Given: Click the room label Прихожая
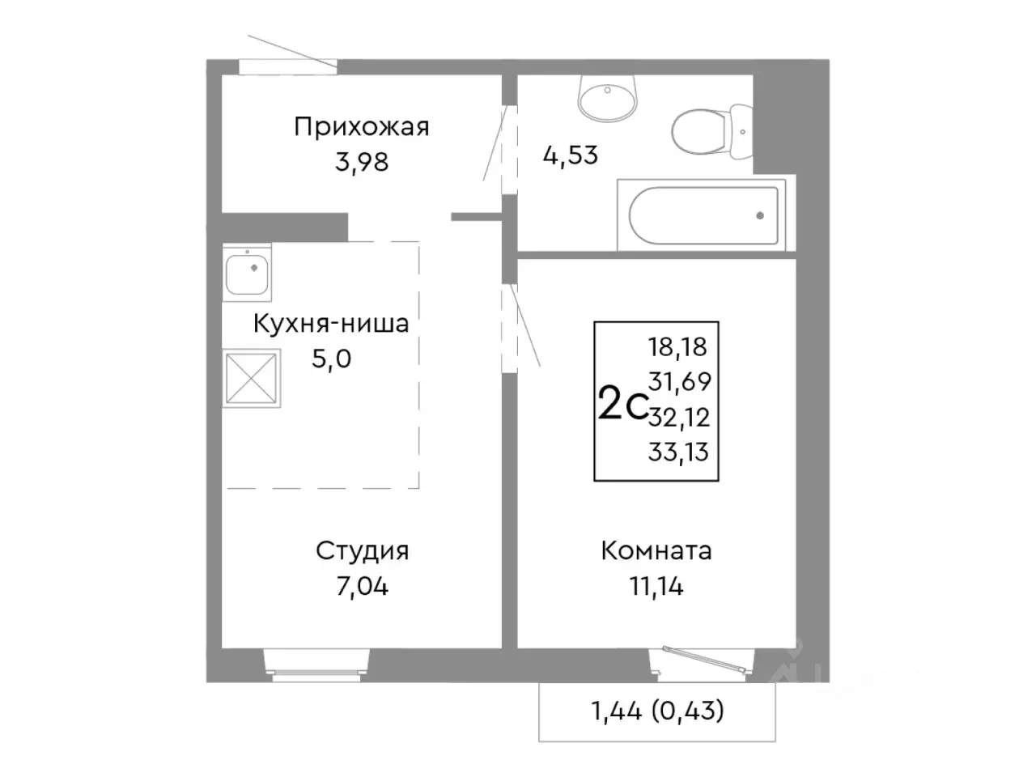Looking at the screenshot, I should click(361, 127).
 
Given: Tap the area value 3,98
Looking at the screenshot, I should click(362, 162).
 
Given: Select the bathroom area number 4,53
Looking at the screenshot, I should click(571, 155).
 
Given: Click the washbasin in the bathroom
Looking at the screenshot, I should click(607, 96).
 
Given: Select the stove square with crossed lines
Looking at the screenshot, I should click(252, 377).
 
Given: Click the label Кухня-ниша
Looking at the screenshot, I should click(331, 324).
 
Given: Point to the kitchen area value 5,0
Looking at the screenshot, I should click(331, 359).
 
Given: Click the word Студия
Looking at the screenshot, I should click(362, 551).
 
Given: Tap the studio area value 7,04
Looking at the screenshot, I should click(362, 586).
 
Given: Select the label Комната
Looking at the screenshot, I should click(656, 551).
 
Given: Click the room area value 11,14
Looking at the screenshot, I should click(656, 586).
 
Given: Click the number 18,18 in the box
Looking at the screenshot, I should click(677, 347).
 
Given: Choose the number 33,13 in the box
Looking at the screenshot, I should click(678, 452).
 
